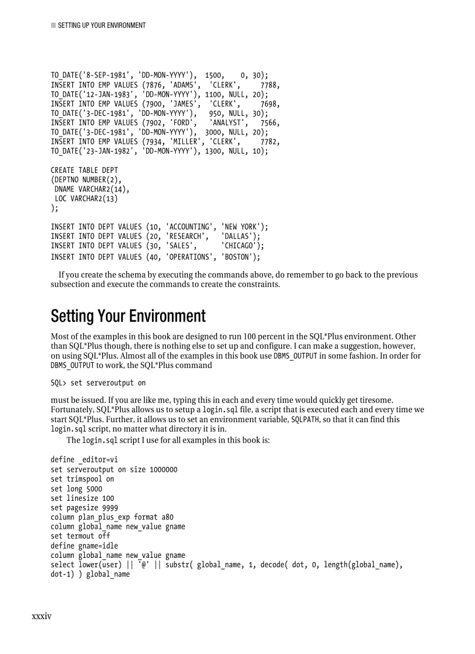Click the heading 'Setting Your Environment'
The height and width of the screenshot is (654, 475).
pos(128,316)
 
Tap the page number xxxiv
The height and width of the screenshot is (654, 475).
pos(42,616)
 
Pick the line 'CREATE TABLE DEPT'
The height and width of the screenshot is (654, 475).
pos(84,170)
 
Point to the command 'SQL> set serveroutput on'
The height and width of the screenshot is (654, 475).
pos(98,383)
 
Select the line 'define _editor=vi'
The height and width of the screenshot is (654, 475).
pos(84,459)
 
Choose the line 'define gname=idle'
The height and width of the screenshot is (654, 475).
pos(84,546)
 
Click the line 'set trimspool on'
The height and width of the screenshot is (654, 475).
pos(83,479)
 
